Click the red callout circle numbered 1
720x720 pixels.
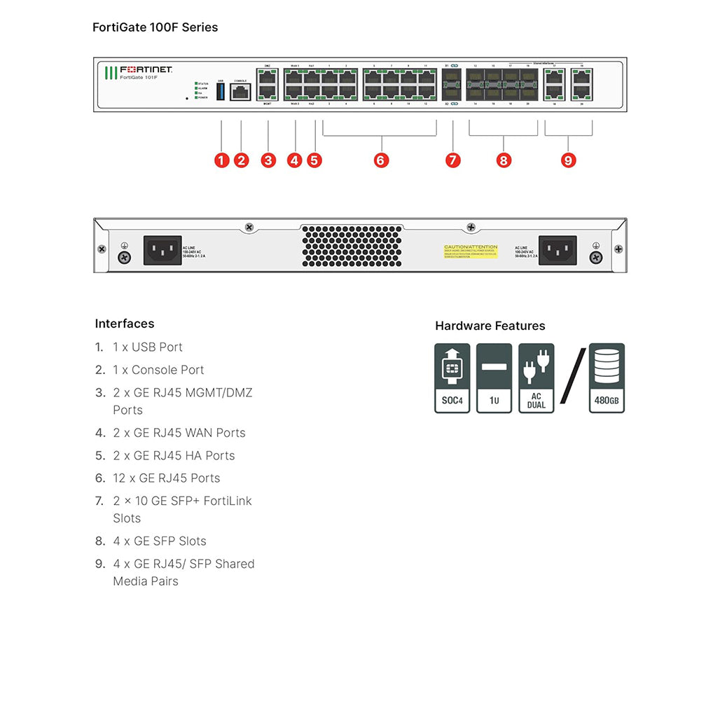click(222, 160)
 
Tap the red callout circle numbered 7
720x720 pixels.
click(453, 160)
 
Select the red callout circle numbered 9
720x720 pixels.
click(568, 160)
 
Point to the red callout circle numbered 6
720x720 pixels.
click(380, 160)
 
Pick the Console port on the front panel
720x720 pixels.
click(240, 93)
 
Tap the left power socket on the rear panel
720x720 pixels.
click(162, 250)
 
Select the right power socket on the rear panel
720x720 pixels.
click(558, 250)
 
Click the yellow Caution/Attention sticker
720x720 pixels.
click(471, 251)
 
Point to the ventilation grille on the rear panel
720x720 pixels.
click(353, 246)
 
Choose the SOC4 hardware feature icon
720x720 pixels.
click(452, 378)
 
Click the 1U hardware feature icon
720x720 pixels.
click(494, 378)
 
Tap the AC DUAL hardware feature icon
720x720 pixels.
click(536, 378)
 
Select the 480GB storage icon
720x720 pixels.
click(607, 378)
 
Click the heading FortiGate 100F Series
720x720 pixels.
click(155, 27)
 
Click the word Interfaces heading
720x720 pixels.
click(125, 324)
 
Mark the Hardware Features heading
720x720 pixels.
click(490, 326)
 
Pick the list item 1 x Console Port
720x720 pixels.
click(158, 370)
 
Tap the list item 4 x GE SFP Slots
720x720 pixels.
click(160, 541)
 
